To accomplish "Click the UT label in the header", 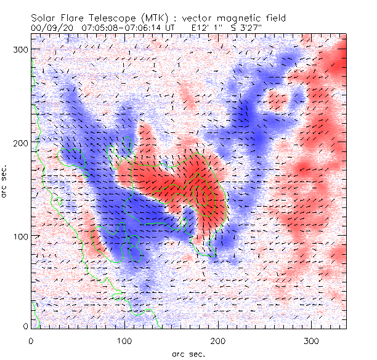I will pyautogui.click(x=170, y=28).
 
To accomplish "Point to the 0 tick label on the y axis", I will pyautogui.click(x=25, y=326).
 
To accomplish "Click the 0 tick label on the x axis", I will pyautogui.click(x=31, y=340).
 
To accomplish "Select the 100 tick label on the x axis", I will pyautogui.click(x=125, y=340).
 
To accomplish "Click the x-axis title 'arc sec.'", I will pyautogui.click(x=188, y=353).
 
